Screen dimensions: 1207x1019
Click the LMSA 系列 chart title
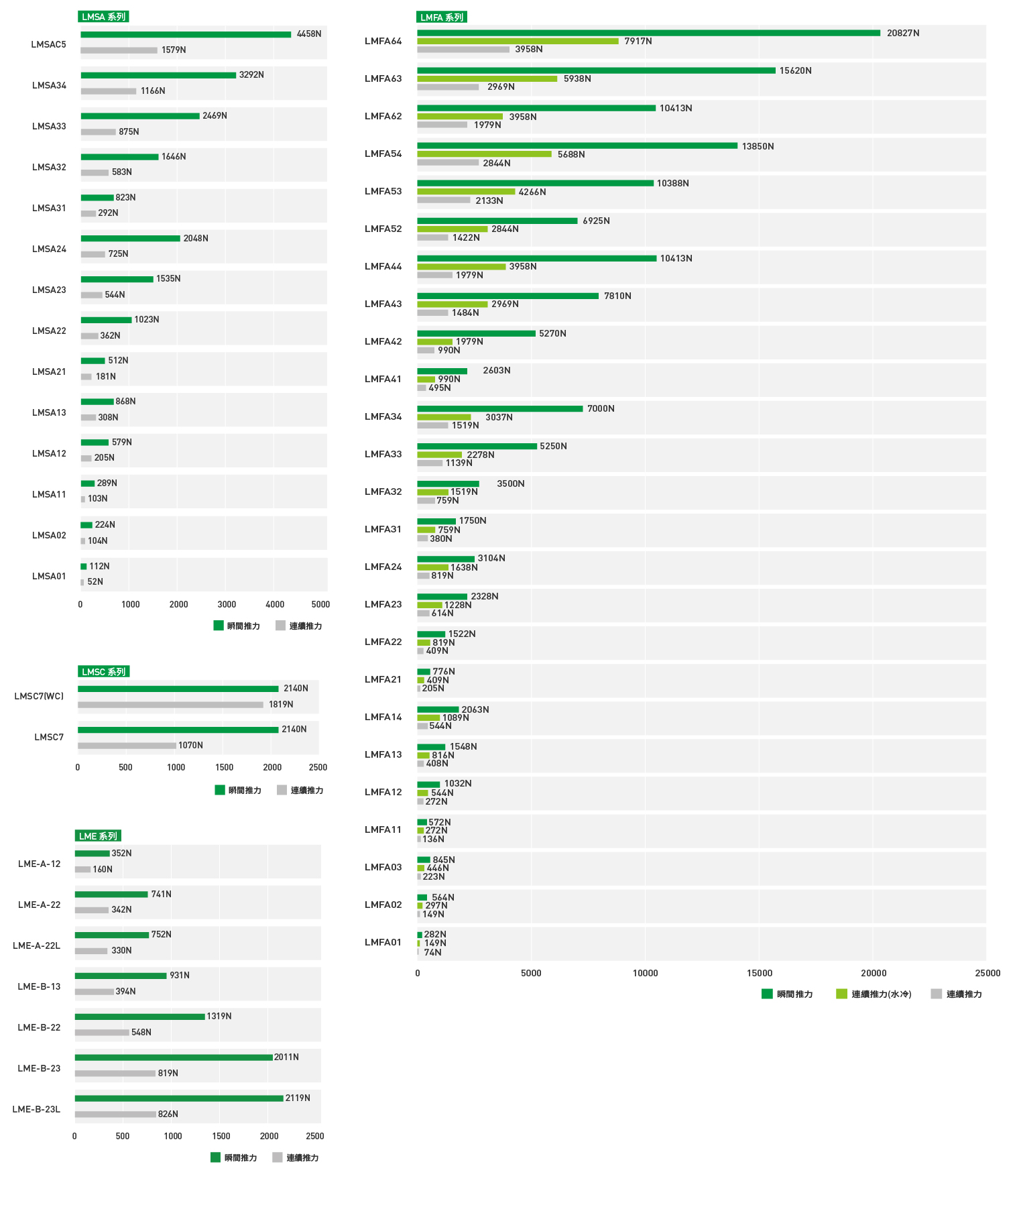click(103, 17)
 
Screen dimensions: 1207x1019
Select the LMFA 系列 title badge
click(441, 17)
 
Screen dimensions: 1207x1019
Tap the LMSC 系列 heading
click(103, 672)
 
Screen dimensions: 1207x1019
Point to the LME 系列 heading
click(98, 836)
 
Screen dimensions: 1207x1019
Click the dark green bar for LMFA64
click(648, 33)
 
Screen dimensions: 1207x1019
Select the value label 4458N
click(308, 34)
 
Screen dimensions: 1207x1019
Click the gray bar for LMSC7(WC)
click(170, 705)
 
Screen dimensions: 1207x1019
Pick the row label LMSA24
click(49, 249)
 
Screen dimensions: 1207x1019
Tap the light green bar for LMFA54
click(484, 154)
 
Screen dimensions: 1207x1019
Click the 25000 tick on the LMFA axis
click(987, 973)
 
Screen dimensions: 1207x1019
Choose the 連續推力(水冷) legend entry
click(874, 994)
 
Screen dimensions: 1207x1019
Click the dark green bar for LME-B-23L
click(179, 1098)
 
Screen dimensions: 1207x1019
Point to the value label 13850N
click(758, 146)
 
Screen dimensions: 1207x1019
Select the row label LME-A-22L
click(36, 945)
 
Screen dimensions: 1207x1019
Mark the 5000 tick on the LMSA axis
click(320, 604)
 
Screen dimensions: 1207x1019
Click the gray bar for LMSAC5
click(119, 50)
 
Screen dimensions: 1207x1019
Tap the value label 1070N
click(190, 745)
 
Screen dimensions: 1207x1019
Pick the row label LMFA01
click(383, 942)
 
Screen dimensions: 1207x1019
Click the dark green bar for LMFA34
click(499, 408)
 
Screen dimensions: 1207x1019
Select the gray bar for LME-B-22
click(102, 1033)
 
